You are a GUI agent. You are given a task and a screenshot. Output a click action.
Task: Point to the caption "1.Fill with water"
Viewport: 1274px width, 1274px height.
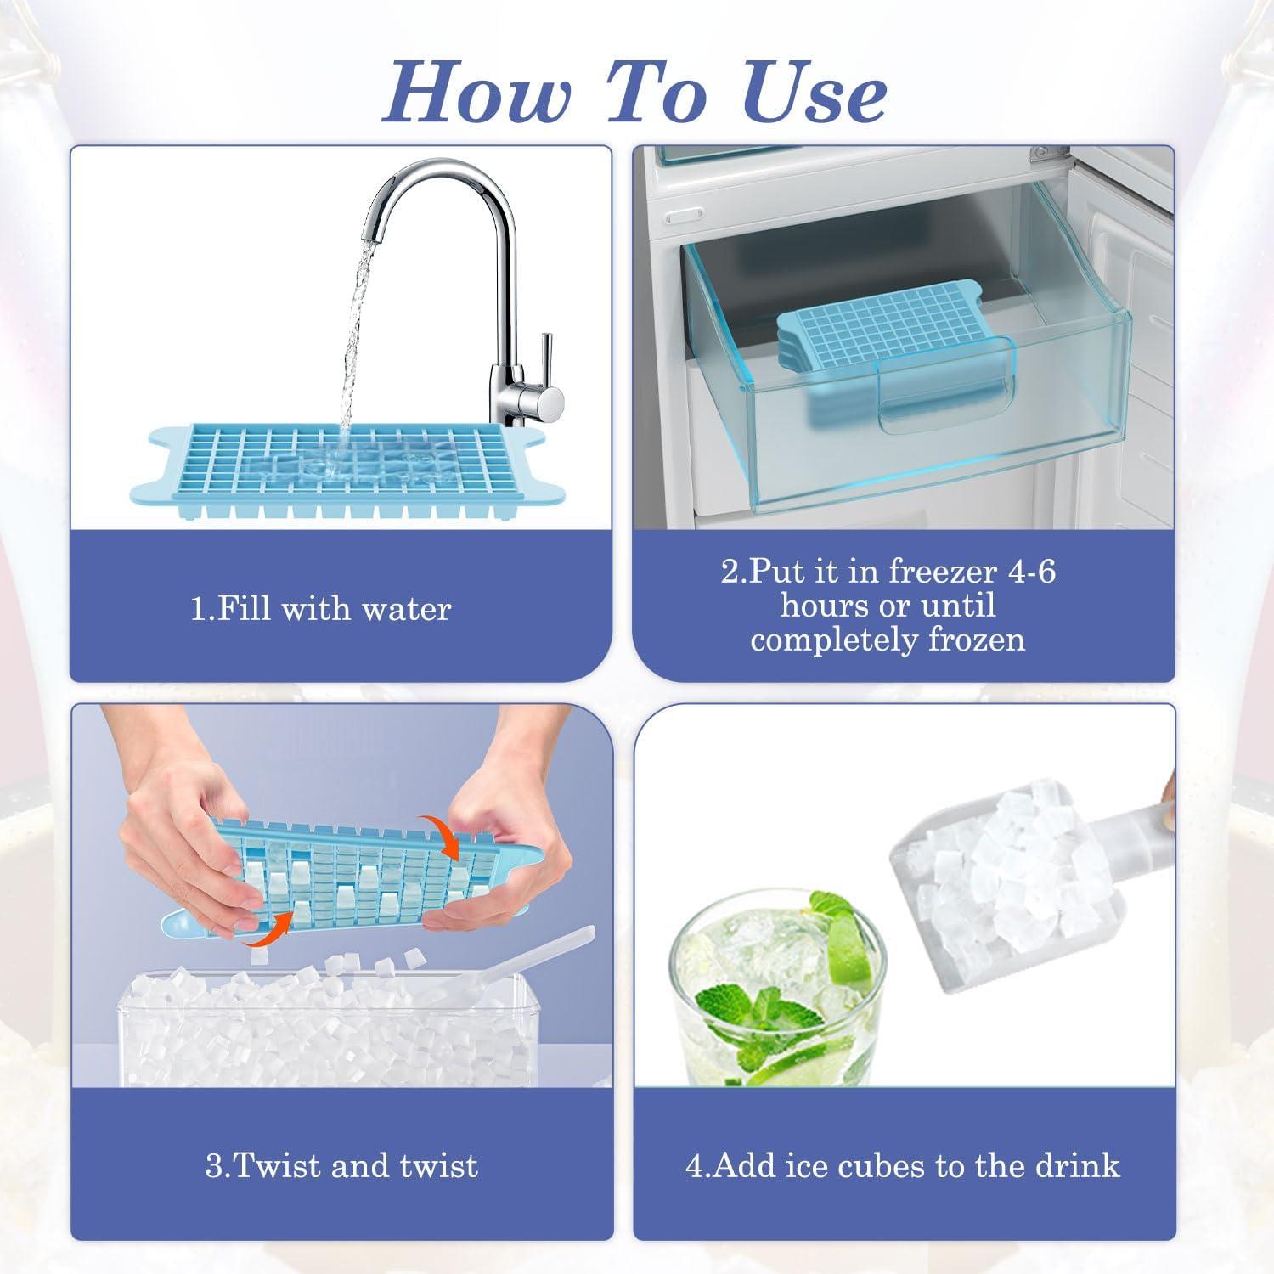(x=320, y=609)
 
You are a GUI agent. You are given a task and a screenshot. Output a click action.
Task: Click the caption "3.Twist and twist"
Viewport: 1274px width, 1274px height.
(x=341, y=1165)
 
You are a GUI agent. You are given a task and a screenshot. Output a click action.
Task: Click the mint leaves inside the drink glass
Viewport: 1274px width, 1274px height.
(x=747, y=1019)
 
